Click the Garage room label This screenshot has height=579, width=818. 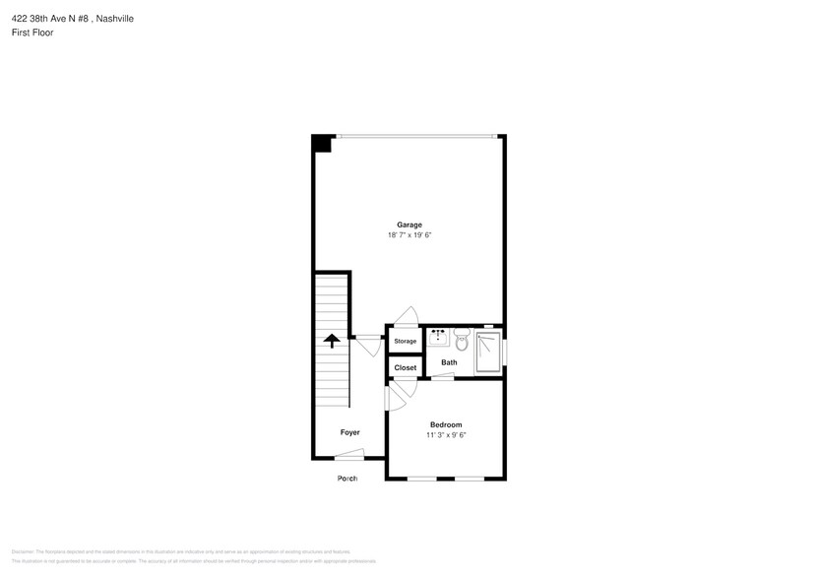coord(409,225)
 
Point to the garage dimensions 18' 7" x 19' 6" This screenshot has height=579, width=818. coord(409,236)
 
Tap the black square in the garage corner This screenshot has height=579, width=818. coord(320,144)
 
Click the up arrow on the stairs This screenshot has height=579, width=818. coord(332,341)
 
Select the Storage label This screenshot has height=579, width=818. coord(405,342)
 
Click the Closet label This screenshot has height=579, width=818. coord(405,367)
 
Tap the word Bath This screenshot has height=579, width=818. coord(449,362)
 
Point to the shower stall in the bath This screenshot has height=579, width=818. coord(488,352)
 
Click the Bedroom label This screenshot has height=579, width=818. coord(445,424)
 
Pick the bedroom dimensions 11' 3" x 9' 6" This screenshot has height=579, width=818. coord(445,435)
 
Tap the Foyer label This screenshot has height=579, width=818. coord(349,432)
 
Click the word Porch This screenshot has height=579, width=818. coord(346,479)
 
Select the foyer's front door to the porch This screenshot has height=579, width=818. coord(349,454)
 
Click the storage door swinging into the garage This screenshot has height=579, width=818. coord(405,315)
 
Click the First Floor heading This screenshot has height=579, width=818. coord(33,32)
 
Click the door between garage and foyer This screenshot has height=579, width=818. coord(369,346)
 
